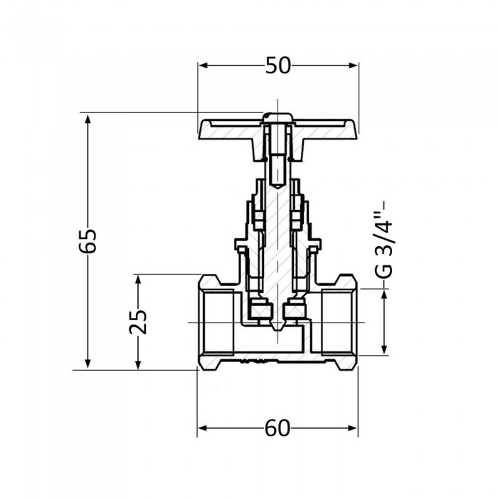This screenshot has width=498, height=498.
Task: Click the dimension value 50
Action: point(278,65)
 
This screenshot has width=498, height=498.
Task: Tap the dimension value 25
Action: point(139,322)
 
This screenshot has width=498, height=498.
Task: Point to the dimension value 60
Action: point(278,428)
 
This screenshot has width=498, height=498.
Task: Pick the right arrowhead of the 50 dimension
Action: point(354,65)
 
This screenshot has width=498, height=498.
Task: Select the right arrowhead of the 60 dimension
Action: point(354,428)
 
